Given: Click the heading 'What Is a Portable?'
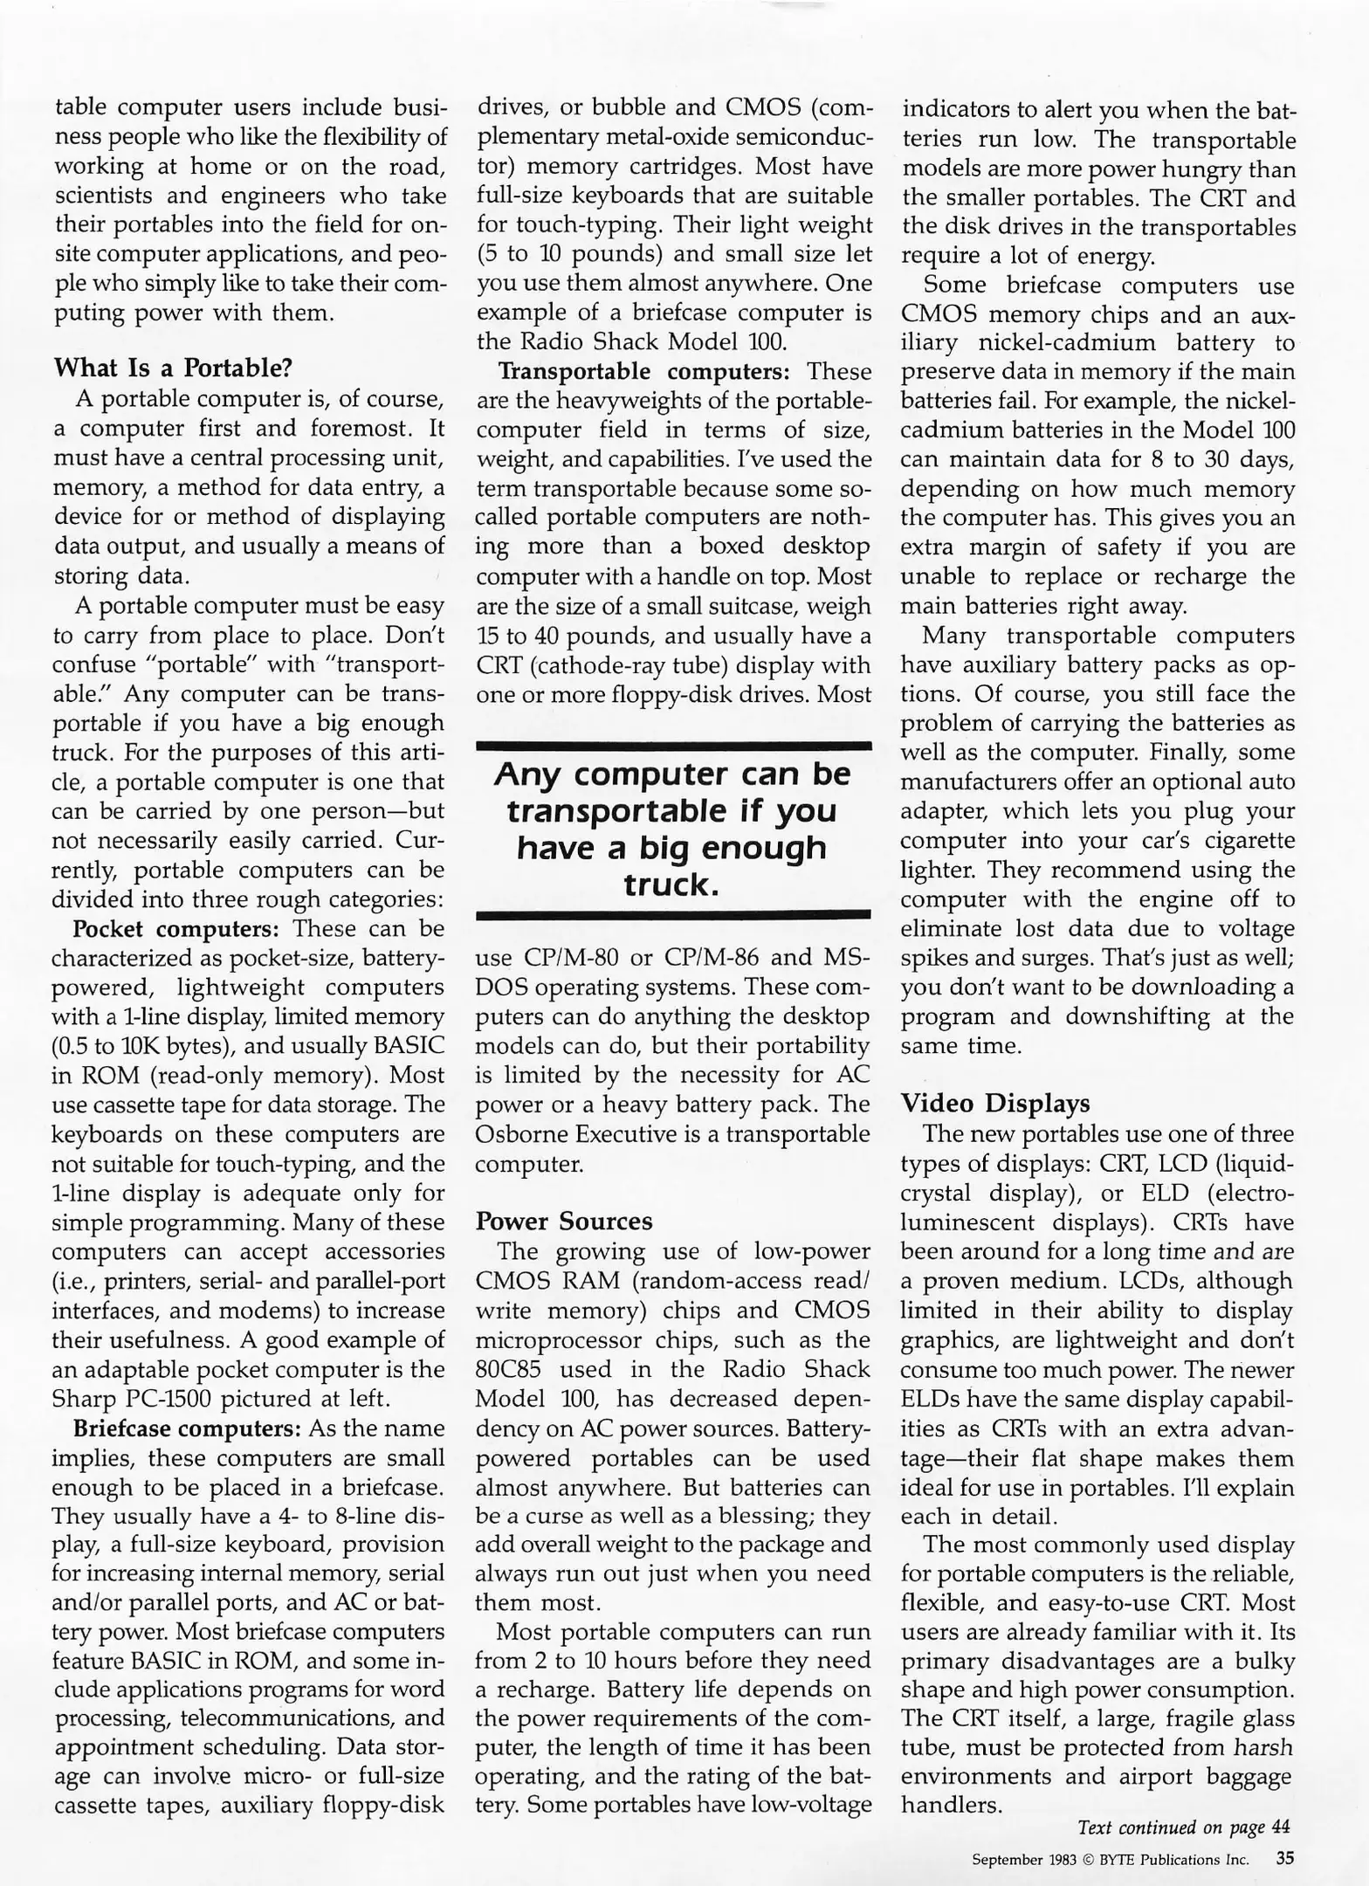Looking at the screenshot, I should tap(173, 368).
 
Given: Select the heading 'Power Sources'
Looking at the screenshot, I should tap(563, 1221).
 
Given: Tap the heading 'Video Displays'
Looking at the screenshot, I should tap(994, 1103).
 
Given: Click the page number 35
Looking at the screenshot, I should tap(1284, 1858).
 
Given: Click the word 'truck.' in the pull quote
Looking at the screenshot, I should tap(671, 884).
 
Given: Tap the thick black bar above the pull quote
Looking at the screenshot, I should tap(673, 746).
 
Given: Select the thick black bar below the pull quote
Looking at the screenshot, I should tap(673, 914).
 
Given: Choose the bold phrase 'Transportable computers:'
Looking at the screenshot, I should tap(643, 371).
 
